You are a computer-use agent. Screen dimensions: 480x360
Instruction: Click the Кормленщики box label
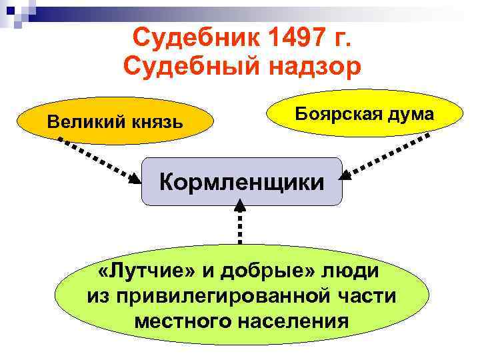point(241,180)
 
